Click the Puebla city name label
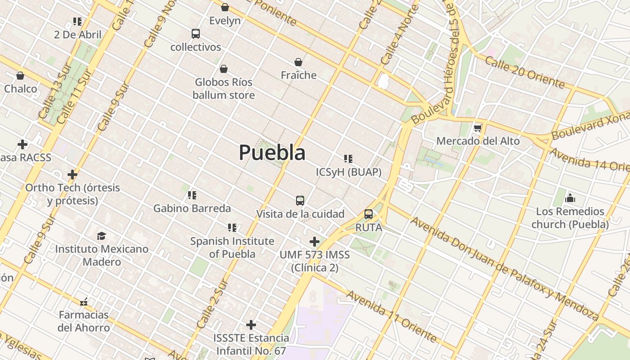[x=272, y=152]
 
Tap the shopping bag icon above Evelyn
[x=225, y=7]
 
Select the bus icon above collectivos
[x=195, y=34]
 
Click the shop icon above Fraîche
[x=298, y=62]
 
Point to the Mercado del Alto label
[x=478, y=141]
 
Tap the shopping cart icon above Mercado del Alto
[x=477, y=129]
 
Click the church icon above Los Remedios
[x=570, y=198]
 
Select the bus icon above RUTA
[x=369, y=214]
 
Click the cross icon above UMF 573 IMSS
[x=315, y=242]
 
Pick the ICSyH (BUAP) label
[x=348, y=172]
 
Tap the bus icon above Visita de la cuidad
[x=300, y=201]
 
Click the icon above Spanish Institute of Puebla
[x=232, y=228]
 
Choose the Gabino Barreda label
[x=192, y=208]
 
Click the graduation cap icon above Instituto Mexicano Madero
[x=102, y=236]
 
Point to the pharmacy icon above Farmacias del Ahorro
[x=84, y=301]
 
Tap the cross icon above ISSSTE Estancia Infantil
[x=251, y=324]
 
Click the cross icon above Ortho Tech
[x=72, y=174]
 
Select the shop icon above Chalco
[x=20, y=76]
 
